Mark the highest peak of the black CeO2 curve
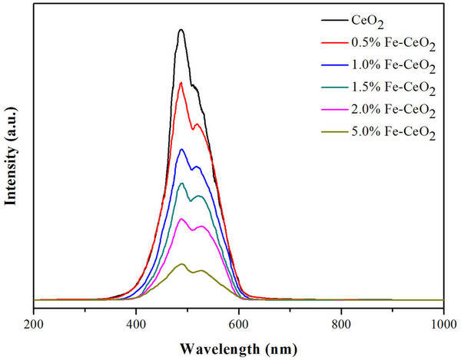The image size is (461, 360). tap(181, 30)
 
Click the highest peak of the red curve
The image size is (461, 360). tap(181, 82)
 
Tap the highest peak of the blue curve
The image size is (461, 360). tap(181, 149)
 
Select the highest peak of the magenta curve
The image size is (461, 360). tap(182, 219)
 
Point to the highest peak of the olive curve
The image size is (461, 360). tap(182, 264)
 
